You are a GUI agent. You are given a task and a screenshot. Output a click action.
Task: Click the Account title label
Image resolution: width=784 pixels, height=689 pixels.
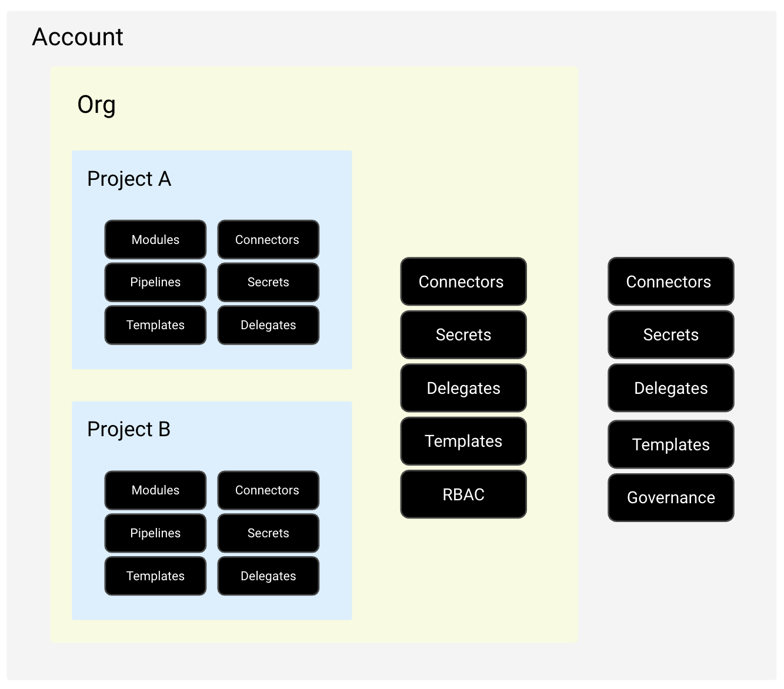tap(78, 37)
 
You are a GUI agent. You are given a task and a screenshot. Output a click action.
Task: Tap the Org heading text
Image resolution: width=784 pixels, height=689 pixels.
tap(96, 105)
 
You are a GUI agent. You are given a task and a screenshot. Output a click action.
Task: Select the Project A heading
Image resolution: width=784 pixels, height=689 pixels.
tap(129, 179)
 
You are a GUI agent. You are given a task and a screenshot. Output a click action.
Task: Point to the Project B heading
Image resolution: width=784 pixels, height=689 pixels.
tap(129, 429)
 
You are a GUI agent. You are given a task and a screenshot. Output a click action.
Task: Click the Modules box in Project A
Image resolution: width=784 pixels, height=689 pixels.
tap(155, 240)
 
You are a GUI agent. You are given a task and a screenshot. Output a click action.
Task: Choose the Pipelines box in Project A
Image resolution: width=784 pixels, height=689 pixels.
tap(155, 282)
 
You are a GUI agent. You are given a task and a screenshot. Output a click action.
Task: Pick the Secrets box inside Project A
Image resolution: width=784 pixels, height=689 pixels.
tap(268, 282)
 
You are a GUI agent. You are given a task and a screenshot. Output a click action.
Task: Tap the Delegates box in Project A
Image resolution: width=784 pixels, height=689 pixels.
tap(268, 325)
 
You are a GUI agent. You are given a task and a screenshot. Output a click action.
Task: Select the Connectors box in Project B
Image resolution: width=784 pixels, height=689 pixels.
tap(268, 490)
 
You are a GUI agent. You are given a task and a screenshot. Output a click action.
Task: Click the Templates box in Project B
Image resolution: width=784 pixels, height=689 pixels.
tap(155, 576)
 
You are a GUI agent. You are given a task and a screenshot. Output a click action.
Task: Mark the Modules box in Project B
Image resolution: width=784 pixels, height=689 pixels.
tap(155, 490)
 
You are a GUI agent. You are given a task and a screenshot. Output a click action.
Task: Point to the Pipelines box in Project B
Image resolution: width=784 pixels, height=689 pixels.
tap(155, 533)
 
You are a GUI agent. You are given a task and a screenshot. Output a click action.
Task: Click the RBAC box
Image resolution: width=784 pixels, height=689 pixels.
tap(463, 494)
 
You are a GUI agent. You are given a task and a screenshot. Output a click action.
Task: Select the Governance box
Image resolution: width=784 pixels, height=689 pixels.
tap(671, 498)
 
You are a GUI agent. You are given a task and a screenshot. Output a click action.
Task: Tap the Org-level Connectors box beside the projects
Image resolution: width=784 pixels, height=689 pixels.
tap(463, 282)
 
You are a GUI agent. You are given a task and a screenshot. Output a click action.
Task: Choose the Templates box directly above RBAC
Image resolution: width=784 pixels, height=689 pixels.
tap(463, 442)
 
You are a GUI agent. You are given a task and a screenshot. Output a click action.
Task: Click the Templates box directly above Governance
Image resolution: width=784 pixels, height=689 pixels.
tap(671, 444)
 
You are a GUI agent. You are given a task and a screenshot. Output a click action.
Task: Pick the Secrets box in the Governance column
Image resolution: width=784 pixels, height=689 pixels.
tap(671, 335)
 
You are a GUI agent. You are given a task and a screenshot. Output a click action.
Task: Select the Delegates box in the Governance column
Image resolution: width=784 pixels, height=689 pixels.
tap(671, 388)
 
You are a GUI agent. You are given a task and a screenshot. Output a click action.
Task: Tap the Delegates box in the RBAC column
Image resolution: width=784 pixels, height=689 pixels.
tap(463, 388)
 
